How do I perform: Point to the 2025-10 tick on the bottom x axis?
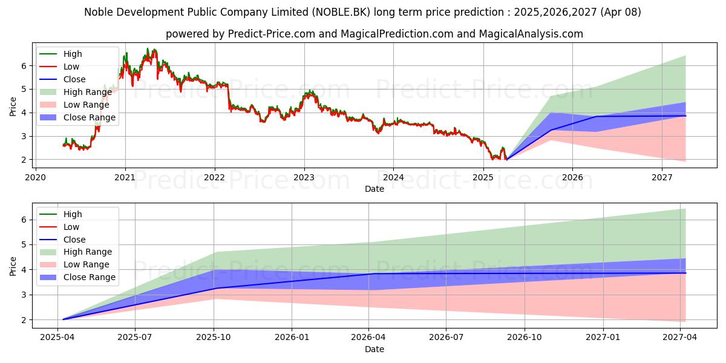[214, 337]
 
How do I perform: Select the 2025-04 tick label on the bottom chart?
[58, 337]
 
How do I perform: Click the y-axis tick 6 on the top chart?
[24, 65]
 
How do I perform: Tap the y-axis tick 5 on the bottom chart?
[24, 244]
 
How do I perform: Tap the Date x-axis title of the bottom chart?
[374, 349]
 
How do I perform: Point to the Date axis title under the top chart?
[374, 189]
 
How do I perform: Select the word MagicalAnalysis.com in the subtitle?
[531, 34]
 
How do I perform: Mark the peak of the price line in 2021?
[147, 48]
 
